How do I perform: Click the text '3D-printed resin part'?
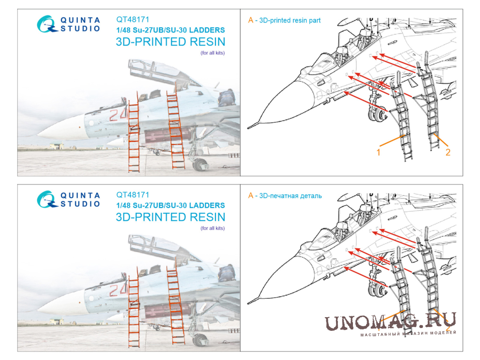(289, 21)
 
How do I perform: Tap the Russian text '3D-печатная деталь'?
(290, 196)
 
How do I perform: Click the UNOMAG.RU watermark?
(390, 322)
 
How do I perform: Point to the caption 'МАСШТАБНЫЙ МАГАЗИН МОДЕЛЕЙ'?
(408, 333)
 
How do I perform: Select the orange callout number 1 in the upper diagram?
(378, 152)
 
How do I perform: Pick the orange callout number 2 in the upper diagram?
(448, 152)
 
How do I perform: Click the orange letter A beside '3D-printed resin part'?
(251, 20)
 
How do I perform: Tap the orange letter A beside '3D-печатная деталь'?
(251, 196)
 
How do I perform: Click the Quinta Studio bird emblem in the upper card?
(47, 24)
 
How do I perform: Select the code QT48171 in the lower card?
(133, 195)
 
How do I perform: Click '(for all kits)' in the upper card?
(212, 53)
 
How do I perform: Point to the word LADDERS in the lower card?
(207, 205)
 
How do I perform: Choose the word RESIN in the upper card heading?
(207, 42)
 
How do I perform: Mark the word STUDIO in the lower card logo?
(80, 204)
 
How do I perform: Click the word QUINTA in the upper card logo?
(80, 20)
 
